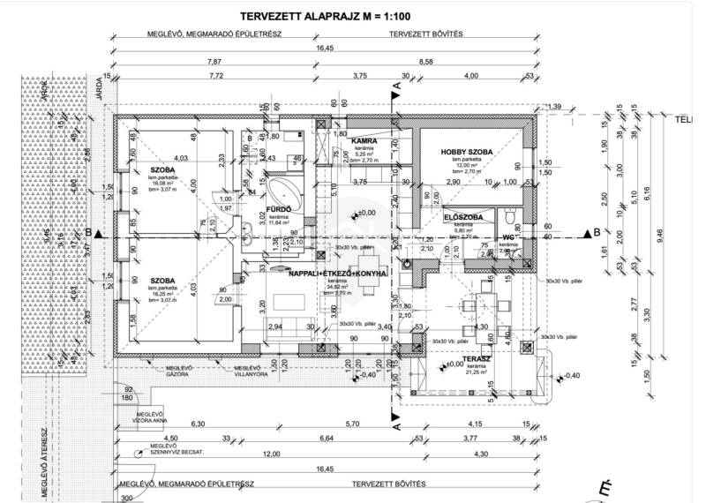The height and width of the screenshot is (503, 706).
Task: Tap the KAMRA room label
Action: coord(364,141)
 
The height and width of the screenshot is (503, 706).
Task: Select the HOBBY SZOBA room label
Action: coord(467,152)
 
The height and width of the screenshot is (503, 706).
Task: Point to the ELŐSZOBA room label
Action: coord(461,216)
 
